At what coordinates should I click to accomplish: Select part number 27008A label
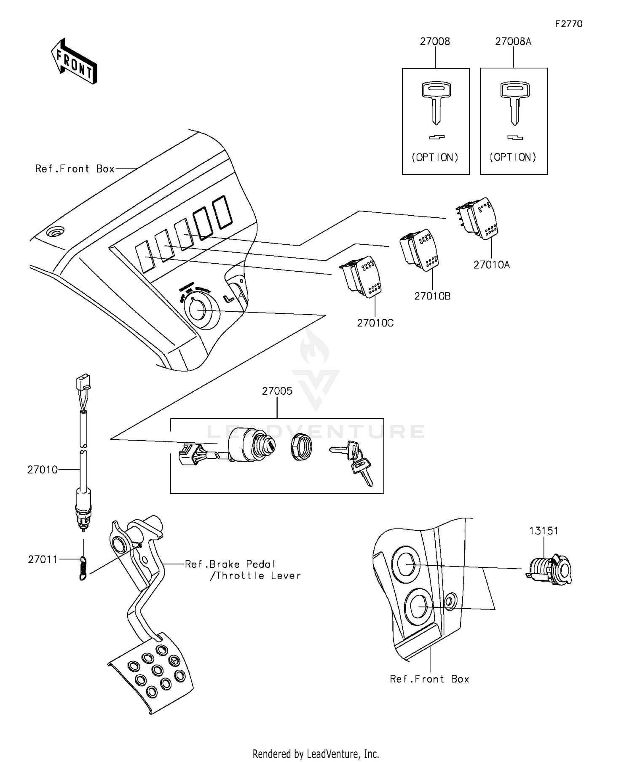tap(513, 41)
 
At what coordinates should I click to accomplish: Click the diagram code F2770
tap(568, 24)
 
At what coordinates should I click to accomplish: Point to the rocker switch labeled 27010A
tap(478, 219)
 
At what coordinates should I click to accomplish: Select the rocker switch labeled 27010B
tap(420, 250)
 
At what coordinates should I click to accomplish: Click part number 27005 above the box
tap(277, 391)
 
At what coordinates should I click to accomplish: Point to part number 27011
tap(43, 559)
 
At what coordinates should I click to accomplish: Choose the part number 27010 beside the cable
tap(42, 470)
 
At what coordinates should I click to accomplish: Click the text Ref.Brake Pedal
tap(230, 564)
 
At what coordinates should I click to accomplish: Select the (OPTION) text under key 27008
tap(435, 158)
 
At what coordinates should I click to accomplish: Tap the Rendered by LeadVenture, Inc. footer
tap(316, 754)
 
